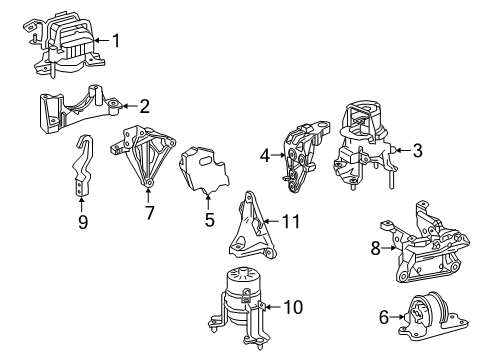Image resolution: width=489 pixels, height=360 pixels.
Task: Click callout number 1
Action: click(x=116, y=41)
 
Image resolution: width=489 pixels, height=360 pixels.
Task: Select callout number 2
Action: click(x=144, y=105)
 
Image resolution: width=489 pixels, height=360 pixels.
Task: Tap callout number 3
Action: click(x=417, y=151)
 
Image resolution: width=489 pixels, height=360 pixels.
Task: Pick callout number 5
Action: click(x=209, y=220)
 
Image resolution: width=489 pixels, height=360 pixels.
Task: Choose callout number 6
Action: click(x=384, y=317)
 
